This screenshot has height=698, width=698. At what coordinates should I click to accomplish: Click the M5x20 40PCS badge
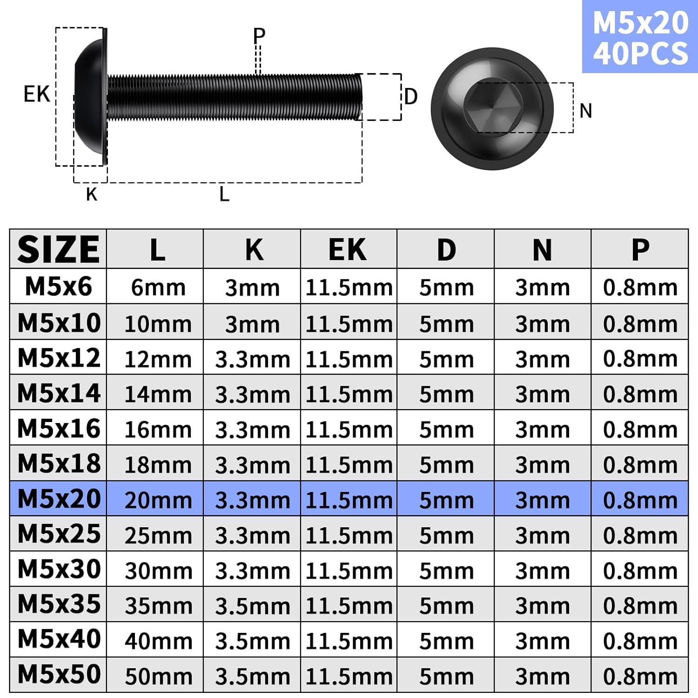(x=640, y=37)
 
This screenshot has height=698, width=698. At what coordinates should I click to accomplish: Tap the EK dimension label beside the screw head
(x=36, y=94)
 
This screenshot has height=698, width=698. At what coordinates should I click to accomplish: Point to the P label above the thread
(x=259, y=35)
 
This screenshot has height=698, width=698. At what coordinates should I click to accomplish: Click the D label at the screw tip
(x=411, y=97)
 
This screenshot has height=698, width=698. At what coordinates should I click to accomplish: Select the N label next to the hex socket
(x=586, y=111)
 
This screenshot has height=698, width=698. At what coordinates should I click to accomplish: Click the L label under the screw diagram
(x=224, y=194)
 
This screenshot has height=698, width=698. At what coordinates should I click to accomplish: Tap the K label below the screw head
(x=92, y=195)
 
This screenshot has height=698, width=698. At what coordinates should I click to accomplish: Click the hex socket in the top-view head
(x=492, y=108)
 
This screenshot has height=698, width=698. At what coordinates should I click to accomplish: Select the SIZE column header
(x=58, y=249)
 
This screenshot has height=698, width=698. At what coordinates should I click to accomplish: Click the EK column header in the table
(x=348, y=250)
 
